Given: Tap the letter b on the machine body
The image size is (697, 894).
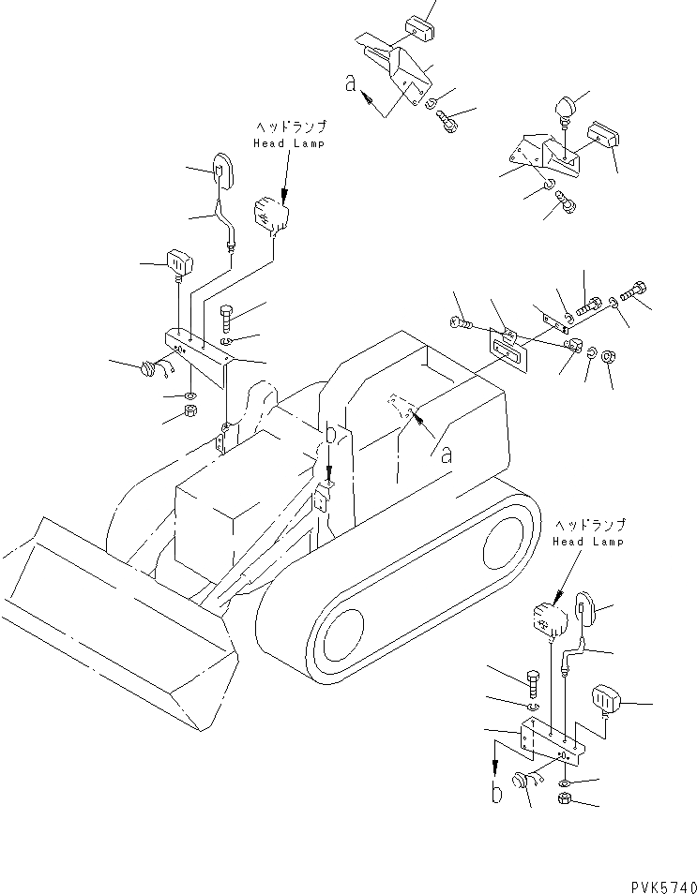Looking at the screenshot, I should (x=329, y=435).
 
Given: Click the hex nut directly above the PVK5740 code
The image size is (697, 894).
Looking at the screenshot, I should (x=567, y=799).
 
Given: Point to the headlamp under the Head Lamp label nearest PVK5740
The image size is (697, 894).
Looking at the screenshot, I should (x=547, y=618).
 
